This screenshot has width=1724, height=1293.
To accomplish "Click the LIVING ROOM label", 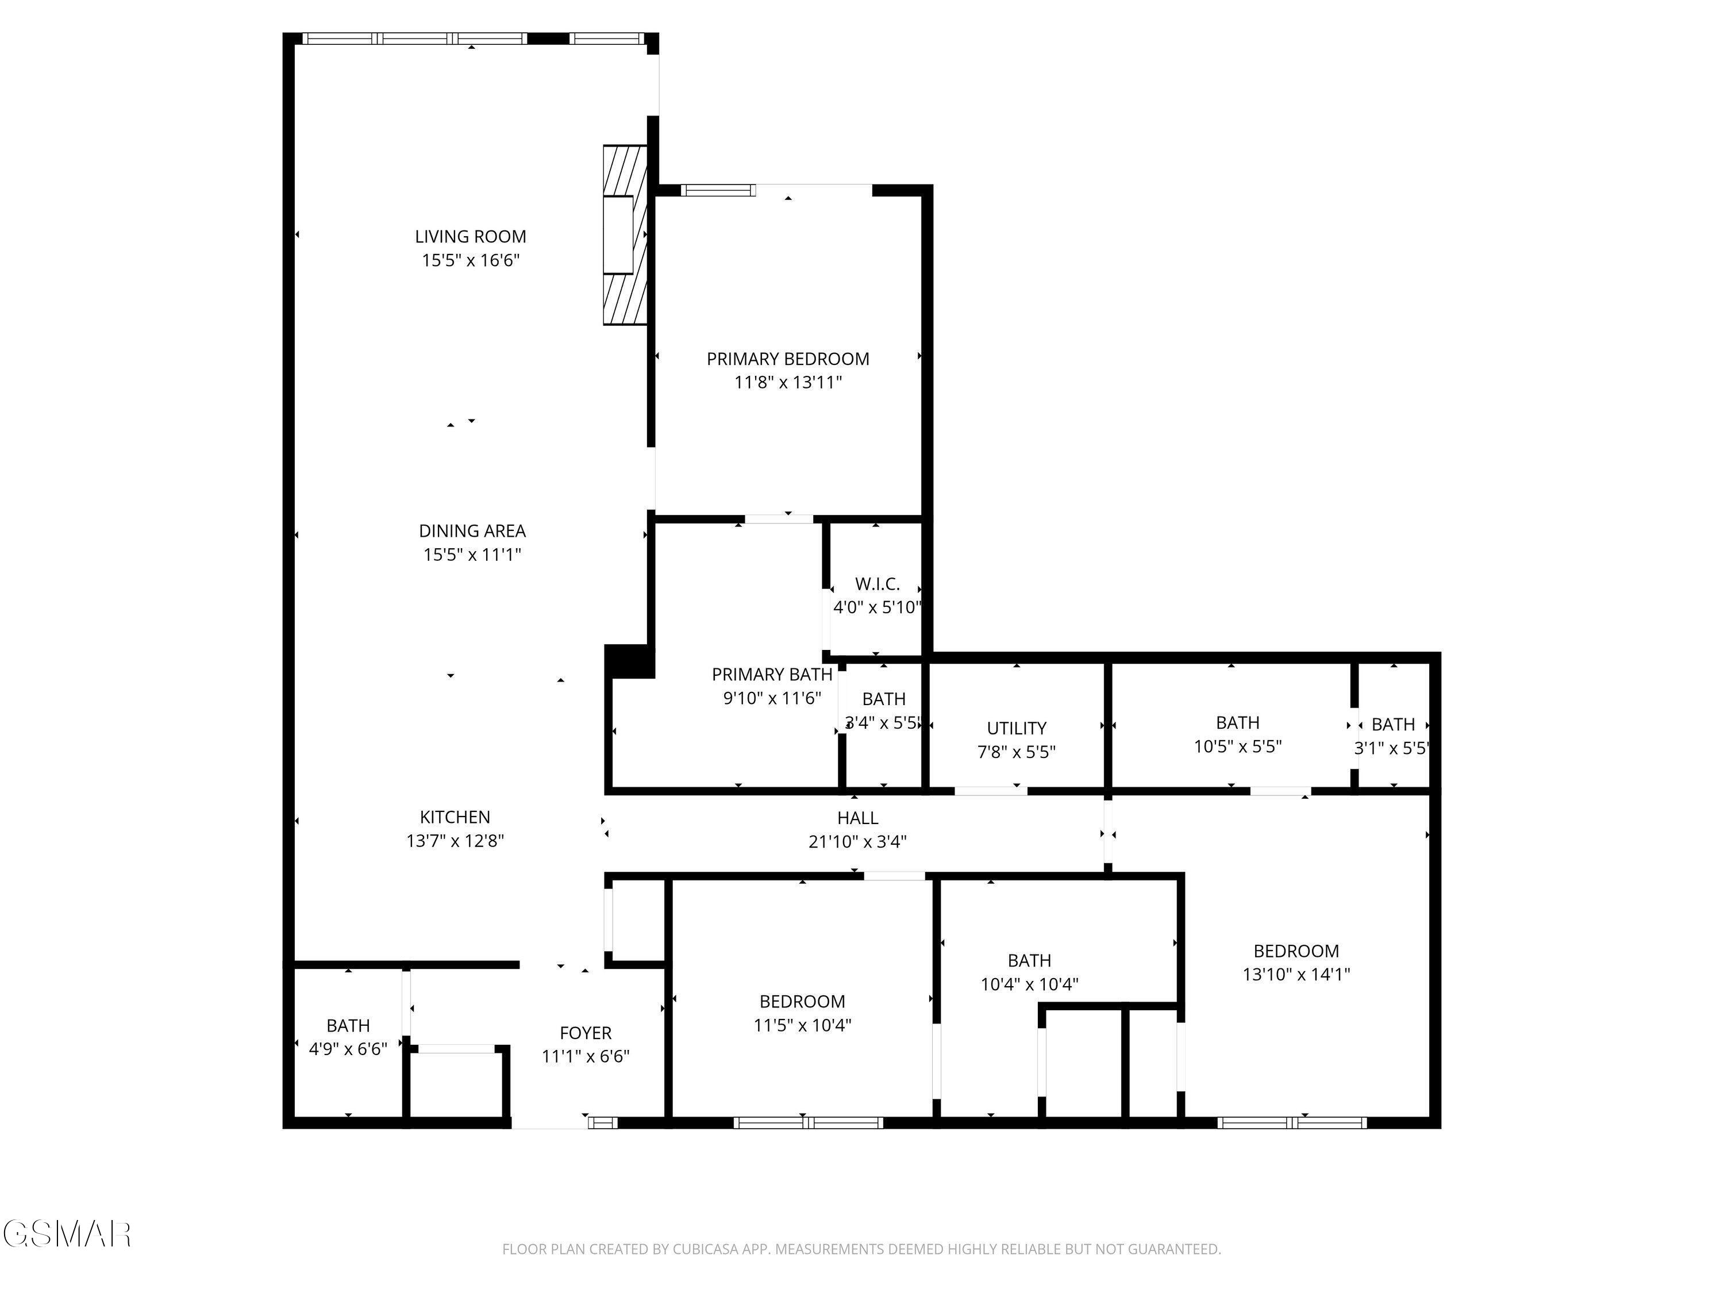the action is (470, 236).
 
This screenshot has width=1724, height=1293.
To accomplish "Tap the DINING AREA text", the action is (472, 531).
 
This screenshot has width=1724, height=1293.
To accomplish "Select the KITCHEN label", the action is (455, 817).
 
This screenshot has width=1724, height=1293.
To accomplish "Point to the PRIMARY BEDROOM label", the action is (788, 359).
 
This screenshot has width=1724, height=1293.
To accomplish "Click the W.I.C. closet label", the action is (878, 584).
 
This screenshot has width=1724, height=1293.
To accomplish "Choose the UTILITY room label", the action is (1017, 728).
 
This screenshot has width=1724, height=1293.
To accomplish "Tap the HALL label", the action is (857, 818).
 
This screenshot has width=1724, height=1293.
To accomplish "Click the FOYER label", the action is (586, 1033).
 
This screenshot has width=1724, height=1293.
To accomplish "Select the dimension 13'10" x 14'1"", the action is (1296, 973).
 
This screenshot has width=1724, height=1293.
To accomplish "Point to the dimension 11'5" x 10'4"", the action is (802, 1025).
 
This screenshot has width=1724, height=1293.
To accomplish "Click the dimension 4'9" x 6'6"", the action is (348, 1049).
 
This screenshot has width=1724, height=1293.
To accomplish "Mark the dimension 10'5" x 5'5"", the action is (1238, 746).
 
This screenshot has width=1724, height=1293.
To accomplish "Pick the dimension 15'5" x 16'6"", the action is (471, 260).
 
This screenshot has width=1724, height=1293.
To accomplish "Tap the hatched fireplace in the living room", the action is (626, 234).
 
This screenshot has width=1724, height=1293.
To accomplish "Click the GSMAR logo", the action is (67, 1234).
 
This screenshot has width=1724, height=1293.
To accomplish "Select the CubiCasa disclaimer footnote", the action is (861, 1249).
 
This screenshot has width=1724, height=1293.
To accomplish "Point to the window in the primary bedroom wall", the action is (718, 190).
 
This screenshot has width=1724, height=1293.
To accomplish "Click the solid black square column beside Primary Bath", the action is (629, 661).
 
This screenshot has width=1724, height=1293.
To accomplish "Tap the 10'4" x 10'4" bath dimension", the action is (1029, 984).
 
